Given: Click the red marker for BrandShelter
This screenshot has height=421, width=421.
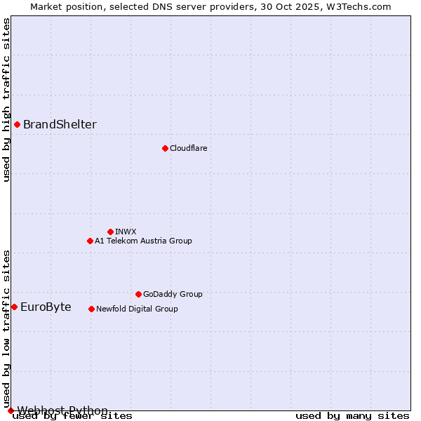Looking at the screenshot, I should point(17,125).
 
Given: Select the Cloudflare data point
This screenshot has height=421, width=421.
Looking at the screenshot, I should point(165,148).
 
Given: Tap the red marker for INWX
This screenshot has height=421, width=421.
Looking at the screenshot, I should point(110,232).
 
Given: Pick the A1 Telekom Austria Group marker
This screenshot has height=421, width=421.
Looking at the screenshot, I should point(90,241).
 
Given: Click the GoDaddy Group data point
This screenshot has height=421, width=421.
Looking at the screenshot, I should point(138,294).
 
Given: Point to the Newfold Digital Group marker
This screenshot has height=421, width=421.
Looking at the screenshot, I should point(91,309).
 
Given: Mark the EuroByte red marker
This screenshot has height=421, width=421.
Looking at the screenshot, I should point(14,307).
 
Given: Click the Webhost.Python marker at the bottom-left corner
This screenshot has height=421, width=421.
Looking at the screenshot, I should point(11,410).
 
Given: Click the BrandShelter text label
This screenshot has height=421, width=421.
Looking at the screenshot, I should point(60,125).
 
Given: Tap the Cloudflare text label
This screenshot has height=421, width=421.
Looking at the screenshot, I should point(188,148).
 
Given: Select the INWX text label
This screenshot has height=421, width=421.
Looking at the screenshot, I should point(126,232).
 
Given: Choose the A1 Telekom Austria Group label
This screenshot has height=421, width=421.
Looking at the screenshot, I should point(143,241).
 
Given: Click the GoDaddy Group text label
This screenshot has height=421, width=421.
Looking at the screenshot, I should point(173,294).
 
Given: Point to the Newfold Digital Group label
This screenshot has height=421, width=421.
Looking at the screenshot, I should point(137,309).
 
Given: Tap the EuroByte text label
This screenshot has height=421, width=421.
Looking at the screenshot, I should point(46,307).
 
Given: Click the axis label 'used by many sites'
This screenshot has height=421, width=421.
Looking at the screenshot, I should point(352,416).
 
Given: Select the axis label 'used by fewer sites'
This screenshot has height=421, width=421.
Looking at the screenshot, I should point(72,416).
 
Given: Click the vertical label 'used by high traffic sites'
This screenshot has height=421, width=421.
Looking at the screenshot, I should point(6,100).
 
